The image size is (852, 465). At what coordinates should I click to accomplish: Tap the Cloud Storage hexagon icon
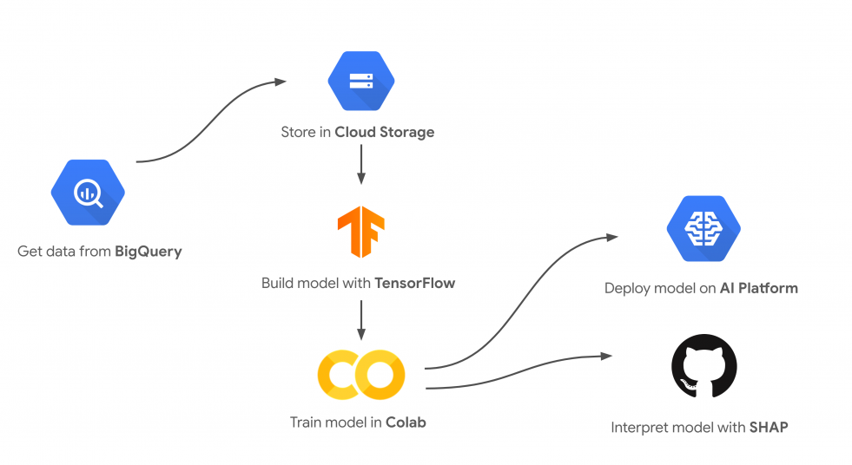point(360,81)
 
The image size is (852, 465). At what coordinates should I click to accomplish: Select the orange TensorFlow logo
point(360,232)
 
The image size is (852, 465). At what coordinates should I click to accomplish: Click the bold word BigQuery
point(149,252)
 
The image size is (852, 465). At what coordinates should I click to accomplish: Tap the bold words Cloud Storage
point(385,133)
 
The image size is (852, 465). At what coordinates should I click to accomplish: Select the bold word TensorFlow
point(414,283)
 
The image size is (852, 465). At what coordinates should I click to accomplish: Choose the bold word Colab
point(406,422)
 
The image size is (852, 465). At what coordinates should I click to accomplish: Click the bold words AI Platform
point(758,287)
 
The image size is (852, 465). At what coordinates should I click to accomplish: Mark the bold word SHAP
point(768,427)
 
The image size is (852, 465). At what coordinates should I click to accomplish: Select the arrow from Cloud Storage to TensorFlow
point(360,165)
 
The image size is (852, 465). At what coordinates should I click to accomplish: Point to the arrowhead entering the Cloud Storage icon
point(281,82)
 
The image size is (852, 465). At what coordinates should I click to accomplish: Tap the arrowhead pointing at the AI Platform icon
point(613,236)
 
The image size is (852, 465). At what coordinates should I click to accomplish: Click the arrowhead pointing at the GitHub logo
point(605,356)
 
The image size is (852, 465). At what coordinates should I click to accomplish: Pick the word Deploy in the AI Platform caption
point(625,287)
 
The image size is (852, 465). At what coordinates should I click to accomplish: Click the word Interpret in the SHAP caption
point(637,427)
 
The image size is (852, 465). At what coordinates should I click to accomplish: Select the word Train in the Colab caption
point(306,422)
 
